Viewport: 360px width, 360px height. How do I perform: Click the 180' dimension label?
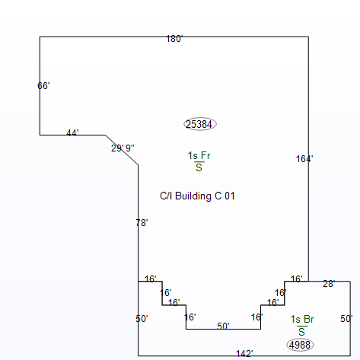pyautogui.click(x=174, y=39)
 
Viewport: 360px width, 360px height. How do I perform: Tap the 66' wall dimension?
pyautogui.click(x=43, y=86)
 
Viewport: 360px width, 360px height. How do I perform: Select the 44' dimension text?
pyautogui.click(x=72, y=132)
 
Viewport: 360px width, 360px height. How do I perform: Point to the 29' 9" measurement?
pyautogui.click(x=123, y=148)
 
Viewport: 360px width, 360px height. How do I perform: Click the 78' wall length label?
pyautogui.click(x=142, y=223)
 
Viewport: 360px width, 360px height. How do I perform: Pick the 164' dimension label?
pyautogui.click(x=304, y=159)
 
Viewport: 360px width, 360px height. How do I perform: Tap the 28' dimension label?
pyautogui.click(x=329, y=284)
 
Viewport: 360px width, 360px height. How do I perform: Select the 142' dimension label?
pyautogui.click(x=244, y=353)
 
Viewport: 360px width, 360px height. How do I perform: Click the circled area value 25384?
pyautogui.click(x=200, y=124)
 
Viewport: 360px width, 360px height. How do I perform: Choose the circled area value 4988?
pyautogui.click(x=300, y=345)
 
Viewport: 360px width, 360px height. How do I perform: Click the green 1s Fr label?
pyautogui.click(x=199, y=155)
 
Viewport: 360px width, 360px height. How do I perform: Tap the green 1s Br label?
pyautogui.click(x=302, y=319)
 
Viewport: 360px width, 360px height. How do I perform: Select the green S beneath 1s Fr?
pyautogui.click(x=199, y=167)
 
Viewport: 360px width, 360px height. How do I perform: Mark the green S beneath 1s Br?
pyautogui.click(x=301, y=332)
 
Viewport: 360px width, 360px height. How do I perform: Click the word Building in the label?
pyautogui.click(x=193, y=196)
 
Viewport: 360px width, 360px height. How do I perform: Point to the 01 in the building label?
pyautogui.click(x=230, y=196)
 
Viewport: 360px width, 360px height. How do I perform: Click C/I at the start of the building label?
pyautogui.click(x=166, y=196)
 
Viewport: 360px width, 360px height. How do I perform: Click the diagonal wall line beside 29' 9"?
pyautogui.click(x=122, y=150)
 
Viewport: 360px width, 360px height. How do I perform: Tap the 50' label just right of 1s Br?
pyautogui.click(x=346, y=319)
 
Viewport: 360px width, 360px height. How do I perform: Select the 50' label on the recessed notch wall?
pyautogui.click(x=223, y=326)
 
